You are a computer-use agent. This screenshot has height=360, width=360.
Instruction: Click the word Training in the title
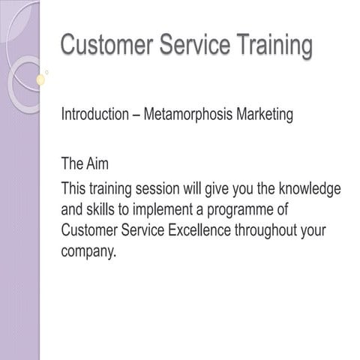tap(271, 45)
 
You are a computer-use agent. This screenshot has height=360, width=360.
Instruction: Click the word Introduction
tap(94, 116)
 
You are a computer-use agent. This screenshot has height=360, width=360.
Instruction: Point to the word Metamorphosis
tap(189, 116)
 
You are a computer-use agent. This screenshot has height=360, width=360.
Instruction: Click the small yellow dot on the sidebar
tap(40, 79)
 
